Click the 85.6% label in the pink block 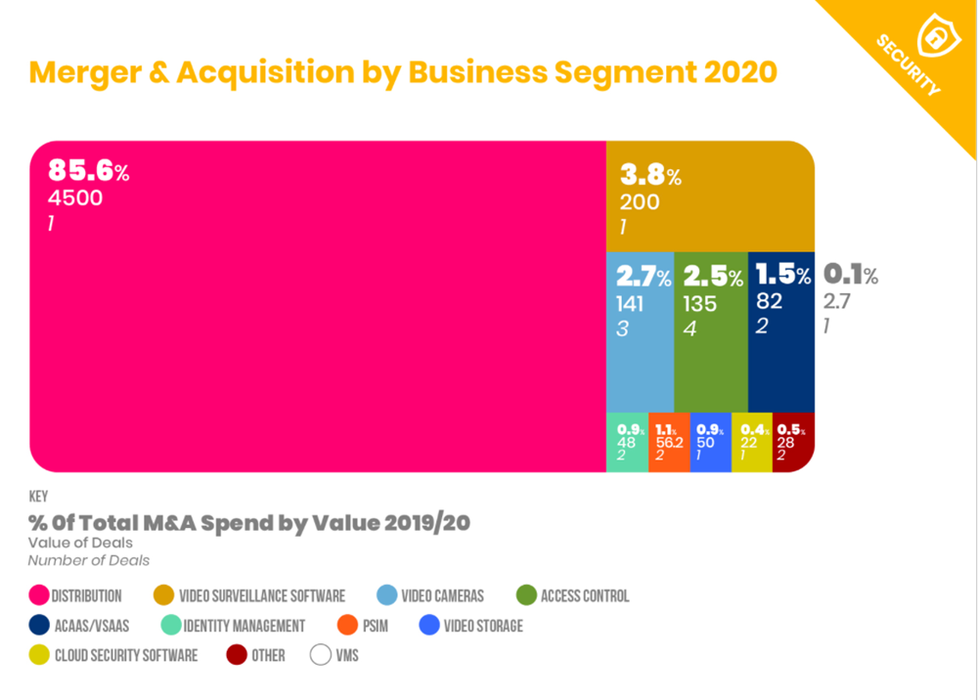tap(88, 172)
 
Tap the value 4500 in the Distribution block tap(75, 198)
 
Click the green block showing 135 tap(711, 332)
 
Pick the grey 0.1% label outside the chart tap(850, 275)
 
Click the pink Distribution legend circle tap(40, 595)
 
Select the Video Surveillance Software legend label tap(262, 595)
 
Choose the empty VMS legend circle tap(321, 655)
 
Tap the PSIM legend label tap(375, 626)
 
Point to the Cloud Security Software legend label tap(126, 655)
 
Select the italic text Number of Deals tap(89, 560)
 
